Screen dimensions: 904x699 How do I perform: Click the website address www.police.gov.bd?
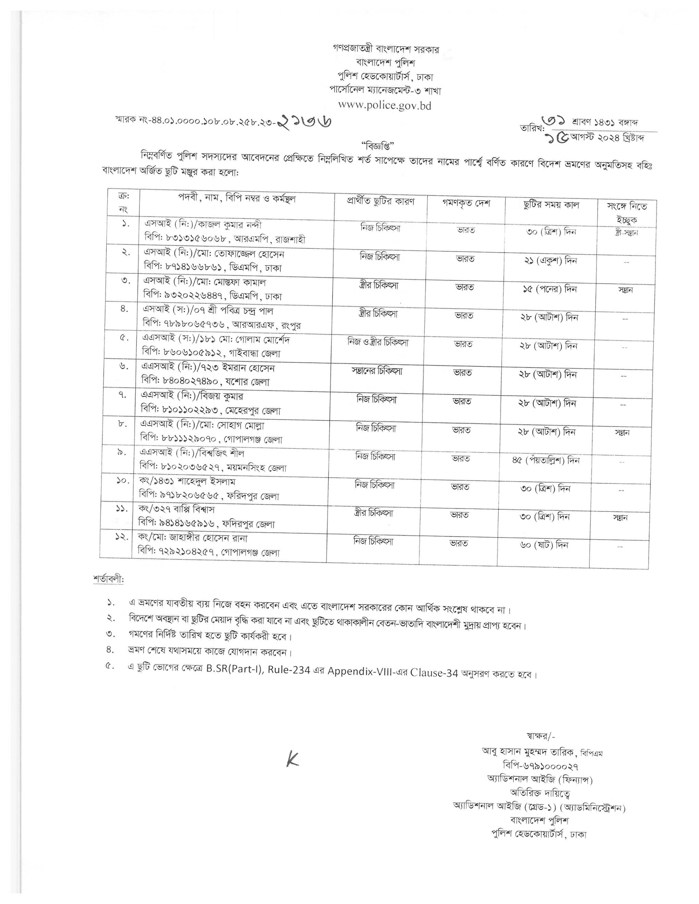click(384, 105)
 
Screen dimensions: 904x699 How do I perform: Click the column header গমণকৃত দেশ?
click(466, 203)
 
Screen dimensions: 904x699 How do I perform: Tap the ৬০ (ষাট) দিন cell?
click(544, 545)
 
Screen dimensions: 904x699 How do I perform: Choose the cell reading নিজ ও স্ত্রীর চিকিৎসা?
click(378, 343)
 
